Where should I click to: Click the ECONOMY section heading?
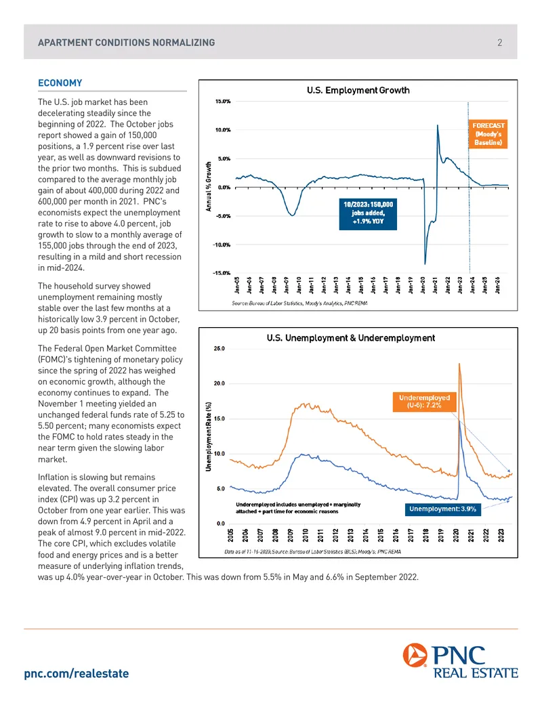point(60,83)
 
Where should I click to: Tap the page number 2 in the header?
point(499,43)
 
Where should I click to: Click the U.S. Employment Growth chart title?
point(358,90)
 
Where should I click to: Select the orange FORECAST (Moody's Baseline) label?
point(488,133)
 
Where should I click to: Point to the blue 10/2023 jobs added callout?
point(368,213)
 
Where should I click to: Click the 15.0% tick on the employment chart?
point(223,102)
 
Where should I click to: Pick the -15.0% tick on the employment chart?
point(222,273)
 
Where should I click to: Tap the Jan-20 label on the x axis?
point(423,285)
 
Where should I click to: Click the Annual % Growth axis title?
point(209,186)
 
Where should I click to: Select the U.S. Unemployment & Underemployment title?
point(351,338)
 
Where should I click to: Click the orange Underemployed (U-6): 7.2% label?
point(424,402)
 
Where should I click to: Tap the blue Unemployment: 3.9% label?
point(442,509)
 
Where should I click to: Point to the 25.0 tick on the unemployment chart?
point(219,349)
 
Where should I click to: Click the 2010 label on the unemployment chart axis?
point(306,535)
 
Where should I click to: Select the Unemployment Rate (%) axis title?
point(209,436)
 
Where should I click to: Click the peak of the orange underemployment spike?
point(459,364)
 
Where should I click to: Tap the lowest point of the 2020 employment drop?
point(425,263)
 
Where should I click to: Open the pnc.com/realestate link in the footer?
point(77,674)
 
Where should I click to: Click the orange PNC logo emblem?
point(415,655)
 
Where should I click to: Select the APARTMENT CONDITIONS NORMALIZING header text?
point(127,43)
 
